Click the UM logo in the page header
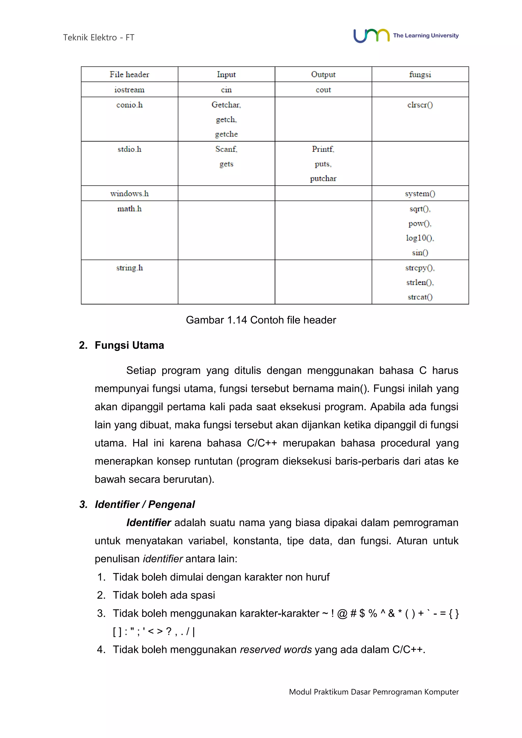tap(371, 36)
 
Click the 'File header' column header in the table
tap(129, 75)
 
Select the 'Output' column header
tap(323, 75)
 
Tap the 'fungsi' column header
tap(420, 75)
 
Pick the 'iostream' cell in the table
tap(129, 90)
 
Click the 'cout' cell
tap(323, 90)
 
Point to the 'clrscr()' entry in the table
tap(420, 105)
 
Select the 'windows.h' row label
tap(129, 193)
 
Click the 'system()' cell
tap(420, 193)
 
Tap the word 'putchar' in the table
tap(323, 178)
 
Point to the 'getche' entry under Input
tap(226, 134)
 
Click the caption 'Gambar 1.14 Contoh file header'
tap(261, 320)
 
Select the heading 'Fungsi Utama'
tap(129, 345)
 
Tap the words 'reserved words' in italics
tap(276, 650)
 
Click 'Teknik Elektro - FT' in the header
tap(99, 38)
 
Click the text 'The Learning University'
tap(426, 36)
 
